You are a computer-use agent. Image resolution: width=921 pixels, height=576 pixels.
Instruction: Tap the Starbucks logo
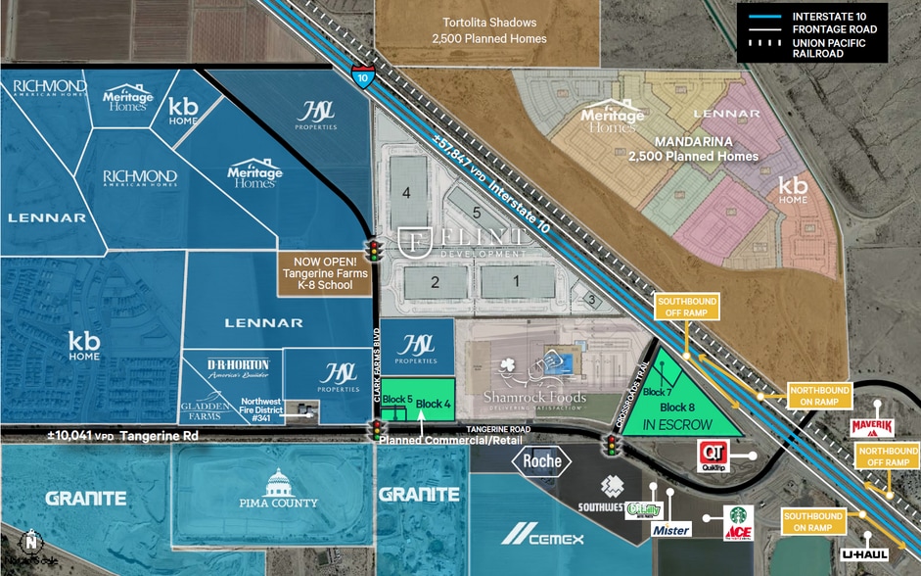click(x=740, y=515)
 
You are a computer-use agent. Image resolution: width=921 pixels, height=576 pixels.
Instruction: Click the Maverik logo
click(x=872, y=427)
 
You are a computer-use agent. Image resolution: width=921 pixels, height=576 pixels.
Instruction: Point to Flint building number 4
click(x=406, y=193)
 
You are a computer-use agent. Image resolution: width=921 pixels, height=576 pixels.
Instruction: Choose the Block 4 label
click(x=433, y=404)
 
